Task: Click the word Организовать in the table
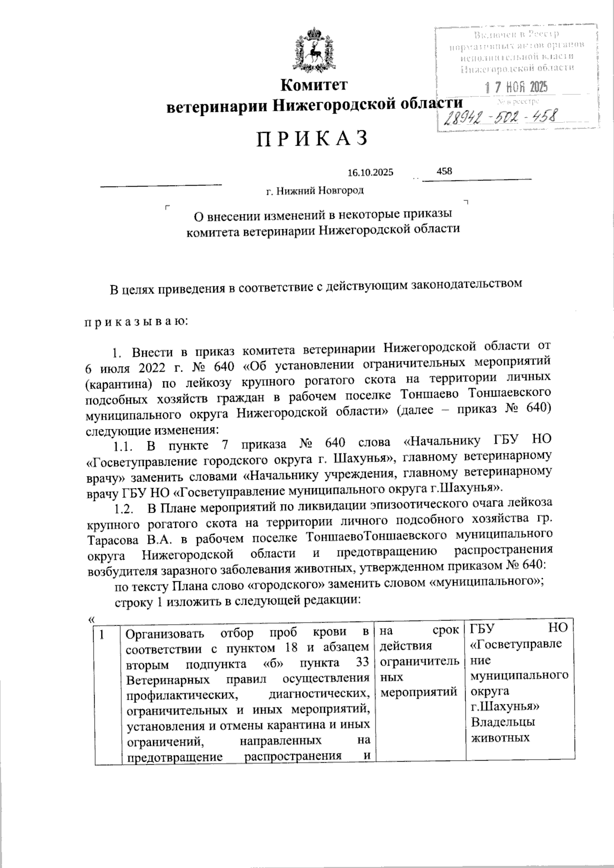(165, 635)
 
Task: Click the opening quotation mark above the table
(91, 619)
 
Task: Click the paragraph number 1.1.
(123, 447)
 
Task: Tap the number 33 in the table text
(362, 664)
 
